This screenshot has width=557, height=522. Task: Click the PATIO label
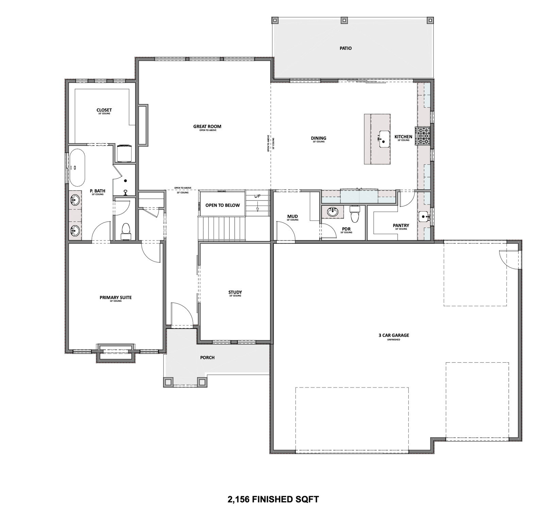[x=345, y=48]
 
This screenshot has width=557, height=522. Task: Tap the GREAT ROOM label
[x=207, y=126]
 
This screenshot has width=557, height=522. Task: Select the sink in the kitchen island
[x=384, y=139]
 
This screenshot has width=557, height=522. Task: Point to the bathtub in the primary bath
[x=78, y=168]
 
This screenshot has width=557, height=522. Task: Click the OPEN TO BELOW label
[x=222, y=205]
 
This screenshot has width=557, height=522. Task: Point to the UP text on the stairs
[x=257, y=196]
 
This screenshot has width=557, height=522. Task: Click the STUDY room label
[x=235, y=292]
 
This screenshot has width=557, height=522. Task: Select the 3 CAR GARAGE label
[x=393, y=335]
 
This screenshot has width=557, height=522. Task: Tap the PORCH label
[x=207, y=358]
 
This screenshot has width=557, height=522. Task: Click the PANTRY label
[x=401, y=225]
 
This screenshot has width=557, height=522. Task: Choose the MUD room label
[x=292, y=216]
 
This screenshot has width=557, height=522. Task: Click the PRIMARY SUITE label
[x=115, y=297]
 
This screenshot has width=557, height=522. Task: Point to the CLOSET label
[x=104, y=110]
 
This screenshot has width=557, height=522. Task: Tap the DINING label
[x=318, y=138]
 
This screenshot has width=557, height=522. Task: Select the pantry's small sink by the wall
[x=424, y=216]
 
